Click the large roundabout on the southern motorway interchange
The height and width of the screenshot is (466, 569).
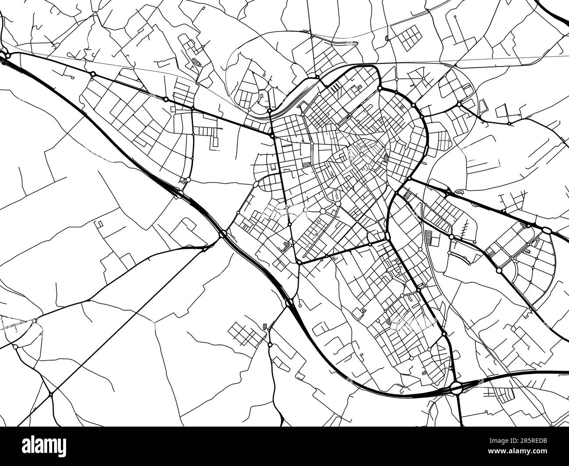[457, 387]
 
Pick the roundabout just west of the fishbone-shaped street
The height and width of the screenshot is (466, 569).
[451, 237]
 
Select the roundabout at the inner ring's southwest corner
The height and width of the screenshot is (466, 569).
[299, 262]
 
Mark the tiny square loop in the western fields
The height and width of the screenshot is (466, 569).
[99, 224]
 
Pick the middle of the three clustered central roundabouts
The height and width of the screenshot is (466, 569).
[323, 211]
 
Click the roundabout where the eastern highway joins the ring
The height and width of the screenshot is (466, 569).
[407, 180]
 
